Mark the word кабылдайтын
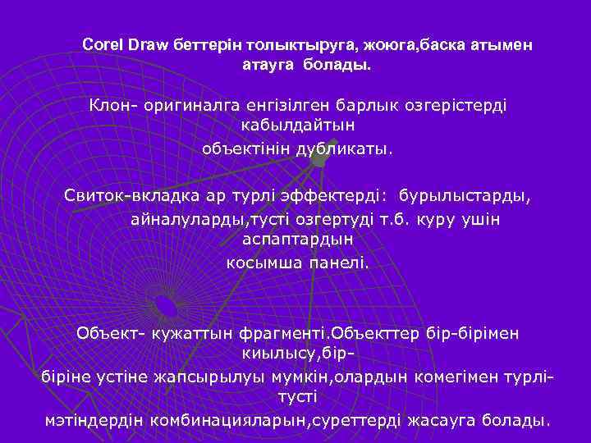pos(298,128)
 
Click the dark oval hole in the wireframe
pos(166,306)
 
